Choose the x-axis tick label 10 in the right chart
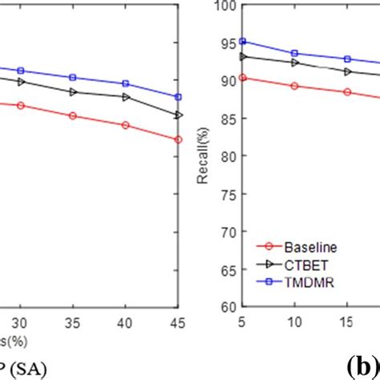(x=294, y=321)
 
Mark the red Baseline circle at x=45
(x=178, y=139)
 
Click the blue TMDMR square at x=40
(x=125, y=83)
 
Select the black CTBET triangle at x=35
(x=73, y=91)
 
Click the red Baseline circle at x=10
(x=294, y=86)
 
